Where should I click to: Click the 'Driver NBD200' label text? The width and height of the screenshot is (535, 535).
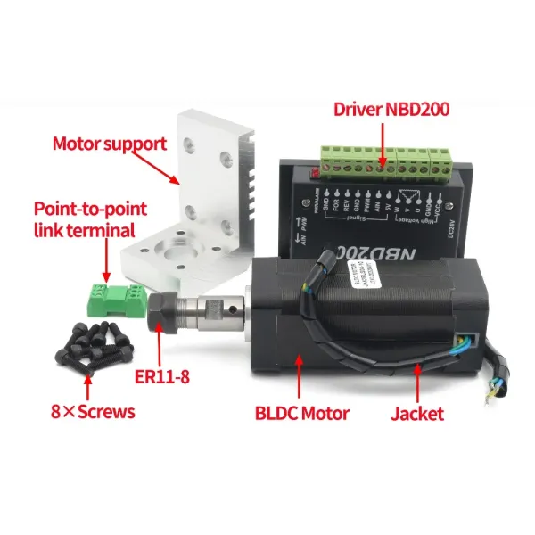tap(391, 110)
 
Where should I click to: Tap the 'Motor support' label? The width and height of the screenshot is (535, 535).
tap(109, 143)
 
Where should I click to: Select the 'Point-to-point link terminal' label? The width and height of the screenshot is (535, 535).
tap(89, 220)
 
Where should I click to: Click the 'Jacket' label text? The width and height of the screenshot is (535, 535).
tap(416, 413)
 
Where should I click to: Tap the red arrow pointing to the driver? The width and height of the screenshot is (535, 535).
tap(384, 143)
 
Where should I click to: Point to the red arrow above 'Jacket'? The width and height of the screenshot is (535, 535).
tap(413, 380)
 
